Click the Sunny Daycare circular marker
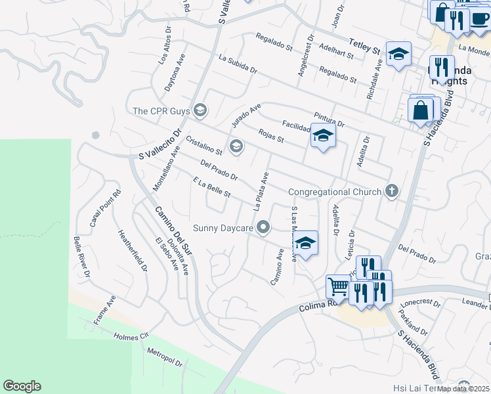(264, 228)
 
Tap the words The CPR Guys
(161, 110)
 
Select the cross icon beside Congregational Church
(392, 192)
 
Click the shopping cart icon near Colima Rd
(338, 286)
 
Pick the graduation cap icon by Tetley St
(398, 55)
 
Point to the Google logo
(22, 386)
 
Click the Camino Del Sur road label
(172, 230)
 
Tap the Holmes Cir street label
(131, 336)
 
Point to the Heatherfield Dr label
(132, 250)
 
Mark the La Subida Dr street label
(238, 64)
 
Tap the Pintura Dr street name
(329, 119)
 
